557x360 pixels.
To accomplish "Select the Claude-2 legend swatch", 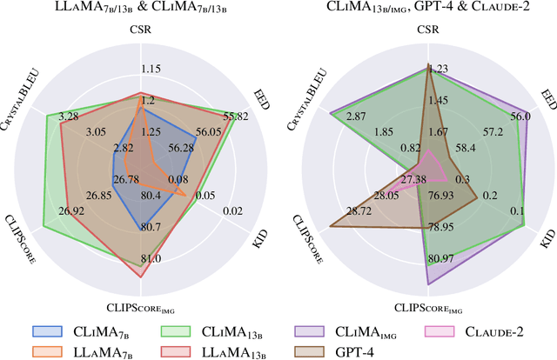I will pyautogui.click(x=443, y=331).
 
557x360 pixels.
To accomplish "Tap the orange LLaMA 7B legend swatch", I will pyautogui.click(x=47, y=352).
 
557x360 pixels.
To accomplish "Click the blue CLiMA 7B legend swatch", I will pyautogui.click(x=47, y=331).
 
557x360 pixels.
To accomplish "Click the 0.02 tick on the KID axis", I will pyautogui.click(x=234, y=210).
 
